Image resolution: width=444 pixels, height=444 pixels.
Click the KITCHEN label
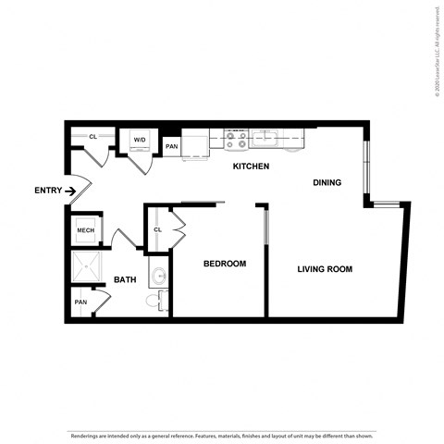[251, 166]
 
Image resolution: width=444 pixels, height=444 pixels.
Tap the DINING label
[327, 182]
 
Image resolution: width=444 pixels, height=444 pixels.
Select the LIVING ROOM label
[325, 269]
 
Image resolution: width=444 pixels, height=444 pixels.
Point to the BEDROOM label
[225, 264]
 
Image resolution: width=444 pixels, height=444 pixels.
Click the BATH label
[125, 279]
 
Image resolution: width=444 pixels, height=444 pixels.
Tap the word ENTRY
[48, 191]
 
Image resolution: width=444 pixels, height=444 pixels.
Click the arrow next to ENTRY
[70, 191]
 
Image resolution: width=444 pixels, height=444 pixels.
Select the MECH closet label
[86, 230]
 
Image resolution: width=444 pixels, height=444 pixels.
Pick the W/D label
[140, 140]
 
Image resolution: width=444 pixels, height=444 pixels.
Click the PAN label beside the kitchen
[171, 146]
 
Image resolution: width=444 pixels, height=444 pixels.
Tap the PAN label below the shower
[81, 302]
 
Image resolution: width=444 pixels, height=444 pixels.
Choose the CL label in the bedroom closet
[157, 229]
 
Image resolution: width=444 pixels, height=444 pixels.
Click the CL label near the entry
[92, 137]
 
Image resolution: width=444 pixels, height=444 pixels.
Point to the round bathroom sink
[158, 275]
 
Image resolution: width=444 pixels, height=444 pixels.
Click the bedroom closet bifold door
[178, 224]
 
